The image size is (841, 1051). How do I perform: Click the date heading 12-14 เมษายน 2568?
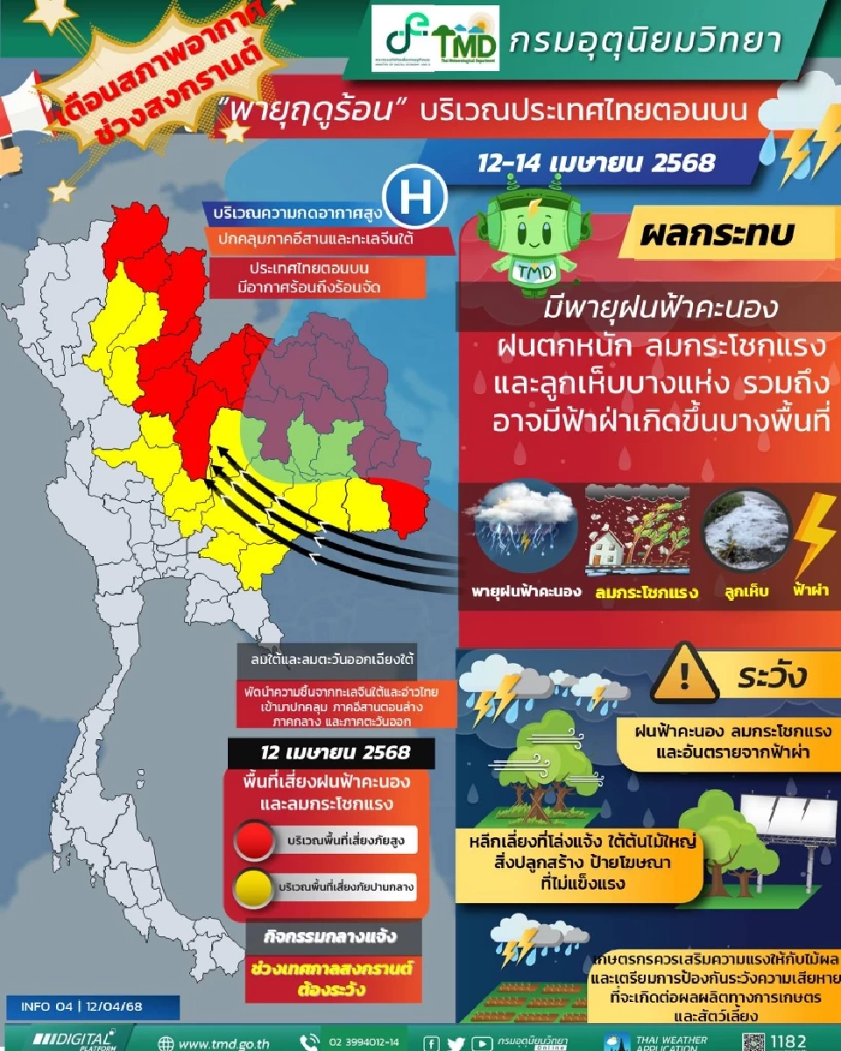(597, 163)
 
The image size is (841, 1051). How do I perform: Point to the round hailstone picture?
(746, 531)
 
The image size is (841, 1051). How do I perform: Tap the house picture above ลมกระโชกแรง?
(637, 530)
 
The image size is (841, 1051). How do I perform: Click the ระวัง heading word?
(771, 677)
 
